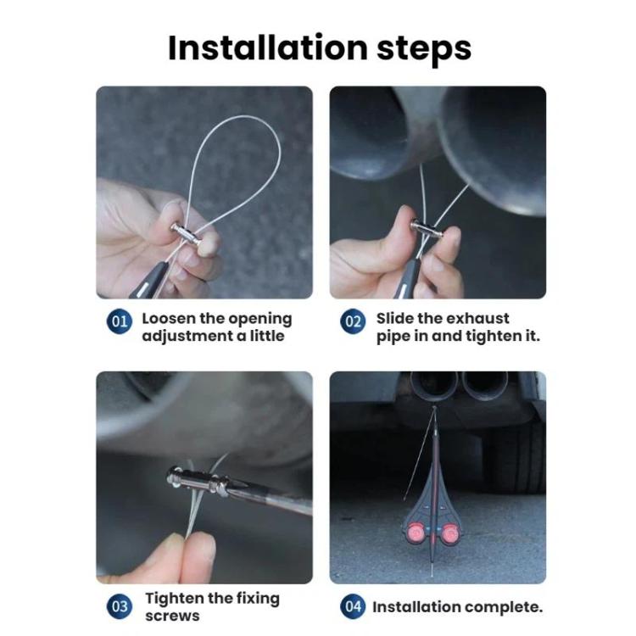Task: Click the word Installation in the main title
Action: (x=268, y=47)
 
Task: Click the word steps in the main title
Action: (x=424, y=49)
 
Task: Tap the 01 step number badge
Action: (x=120, y=321)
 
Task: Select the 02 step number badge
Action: (x=353, y=321)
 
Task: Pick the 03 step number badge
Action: (x=120, y=606)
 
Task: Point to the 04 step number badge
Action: (x=353, y=606)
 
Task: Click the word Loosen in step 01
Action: (x=169, y=318)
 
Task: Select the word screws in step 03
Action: (x=172, y=616)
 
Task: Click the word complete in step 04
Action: (x=504, y=607)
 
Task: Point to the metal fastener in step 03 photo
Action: (x=198, y=483)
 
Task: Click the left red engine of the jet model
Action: (x=415, y=532)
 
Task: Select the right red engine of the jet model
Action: (x=449, y=533)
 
